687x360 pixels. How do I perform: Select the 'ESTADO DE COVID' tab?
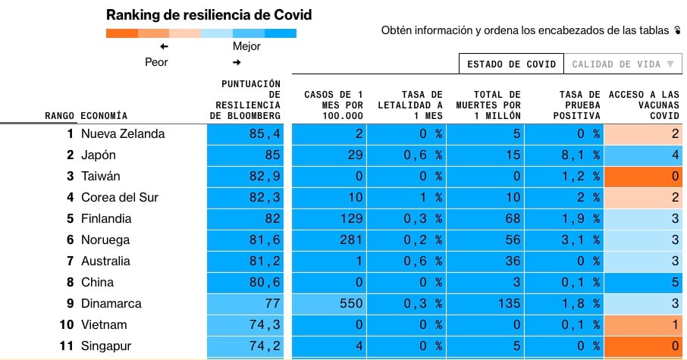[x=511, y=64]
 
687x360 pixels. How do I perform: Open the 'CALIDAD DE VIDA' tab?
[x=622, y=64]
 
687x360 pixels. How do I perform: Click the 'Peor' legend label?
[x=156, y=62]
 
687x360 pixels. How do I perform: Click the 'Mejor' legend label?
[x=246, y=46]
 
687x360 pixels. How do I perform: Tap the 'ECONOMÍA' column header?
[x=104, y=116]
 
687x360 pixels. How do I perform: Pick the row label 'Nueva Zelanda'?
[x=123, y=134]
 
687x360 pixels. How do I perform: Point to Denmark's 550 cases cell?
[x=330, y=304]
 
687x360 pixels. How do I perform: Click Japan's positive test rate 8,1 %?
[x=563, y=155]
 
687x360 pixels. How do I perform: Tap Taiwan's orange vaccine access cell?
[x=645, y=177]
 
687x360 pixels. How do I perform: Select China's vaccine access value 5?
[x=645, y=283]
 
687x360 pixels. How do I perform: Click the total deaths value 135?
[x=485, y=304]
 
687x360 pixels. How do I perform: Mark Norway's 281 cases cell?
[x=330, y=240]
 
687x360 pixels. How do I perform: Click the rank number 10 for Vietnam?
[x=67, y=325]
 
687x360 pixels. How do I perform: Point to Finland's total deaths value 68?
[x=485, y=219]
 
